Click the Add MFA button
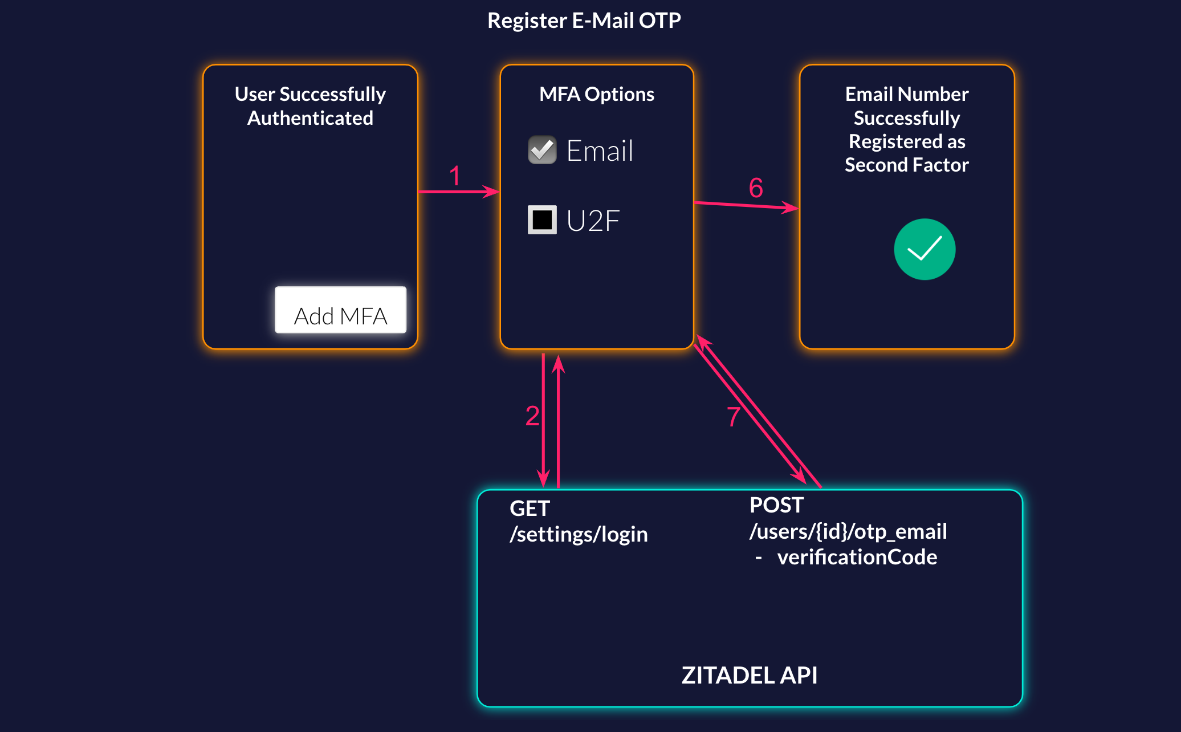(x=340, y=310)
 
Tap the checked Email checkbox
(x=542, y=150)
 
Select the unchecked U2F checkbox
(x=542, y=219)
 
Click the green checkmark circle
(x=924, y=249)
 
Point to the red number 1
(x=454, y=176)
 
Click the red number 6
(x=756, y=188)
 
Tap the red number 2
(x=532, y=416)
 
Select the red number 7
(x=734, y=417)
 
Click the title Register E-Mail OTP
(x=584, y=21)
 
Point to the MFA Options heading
(x=596, y=94)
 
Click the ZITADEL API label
(x=749, y=675)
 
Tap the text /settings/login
(x=579, y=534)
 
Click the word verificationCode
(x=857, y=557)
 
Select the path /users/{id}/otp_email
(x=848, y=531)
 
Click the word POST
(x=776, y=505)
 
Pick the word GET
(x=530, y=508)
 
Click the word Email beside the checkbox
(x=600, y=151)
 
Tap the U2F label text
(x=593, y=221)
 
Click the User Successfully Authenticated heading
(x=310, y=106)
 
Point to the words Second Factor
(x=906, y=165)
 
